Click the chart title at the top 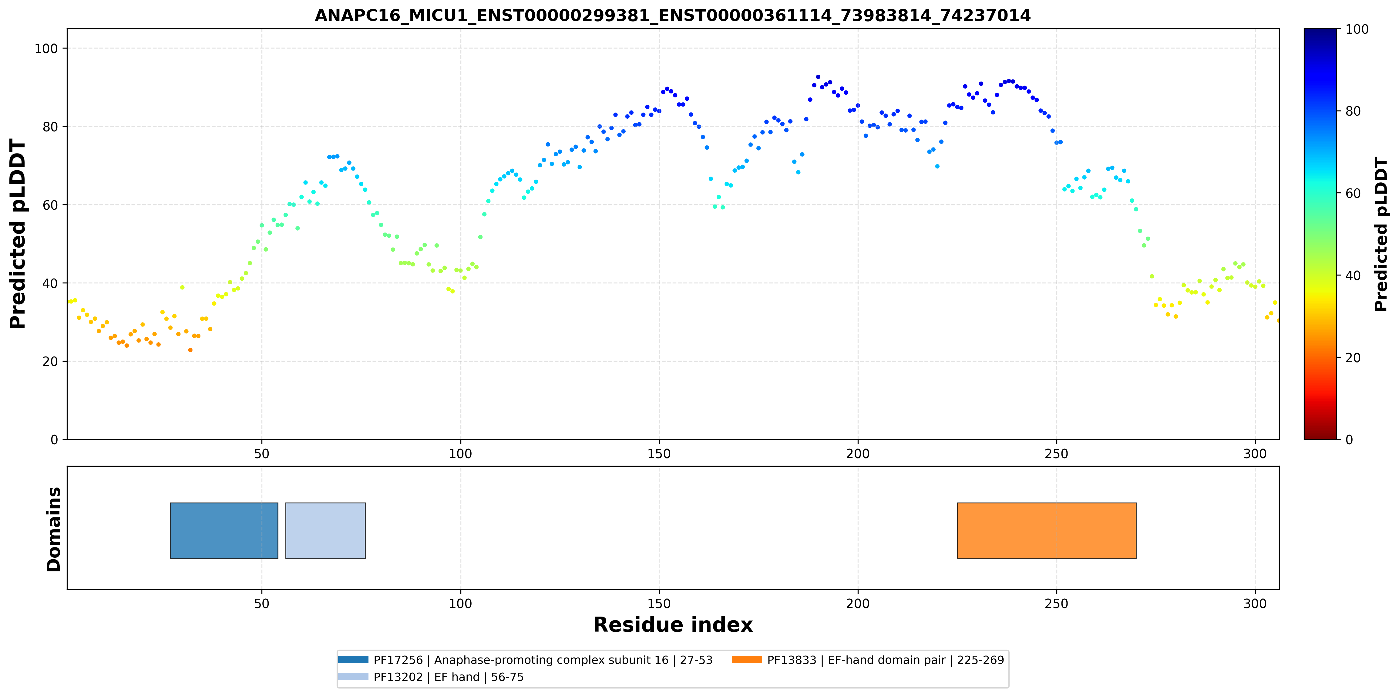click(x=672, y=15)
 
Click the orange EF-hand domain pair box click(x=1046, y=530)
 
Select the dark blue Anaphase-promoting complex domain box click(x=224, y=530)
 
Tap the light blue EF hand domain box click(x=325, y=530)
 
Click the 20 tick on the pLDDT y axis click(x=51, y=361)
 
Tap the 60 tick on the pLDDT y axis click(x=51, y=205)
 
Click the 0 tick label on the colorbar click(x=1349, y=439)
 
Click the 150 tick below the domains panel click(x=659, y=604)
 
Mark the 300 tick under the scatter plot click(x=1255, y=454)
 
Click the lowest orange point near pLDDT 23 click(x=190, y=350)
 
